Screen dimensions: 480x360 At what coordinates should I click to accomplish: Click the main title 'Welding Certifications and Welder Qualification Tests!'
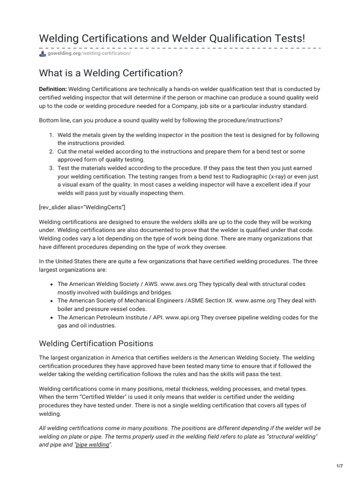pyautogui.click(x=172, y=38)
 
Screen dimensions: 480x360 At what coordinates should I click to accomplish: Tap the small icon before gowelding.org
pyautogui.click(x=43, y=53)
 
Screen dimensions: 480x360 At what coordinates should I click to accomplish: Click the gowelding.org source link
pyautogui.click(x=64, y=53)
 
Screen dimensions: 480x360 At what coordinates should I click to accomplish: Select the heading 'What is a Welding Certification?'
pyautogui.click(x=111, y=73)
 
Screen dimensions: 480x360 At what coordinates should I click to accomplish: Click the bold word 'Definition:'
pyautogui.click(x=53, y=89)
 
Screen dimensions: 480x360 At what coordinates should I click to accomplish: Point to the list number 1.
pyautogui.click(x=51, y=135)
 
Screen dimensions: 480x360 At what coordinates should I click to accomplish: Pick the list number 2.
pyautogui.click(x=51, y=151)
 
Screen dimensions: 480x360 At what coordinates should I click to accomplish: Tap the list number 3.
pyautogui.click(x=51, y=168)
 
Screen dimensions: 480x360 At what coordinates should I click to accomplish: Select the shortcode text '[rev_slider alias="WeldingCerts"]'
pyautogui.click(x=82, y=207)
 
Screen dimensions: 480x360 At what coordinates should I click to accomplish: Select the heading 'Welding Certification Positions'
pyautogui.click(x=96, y=344)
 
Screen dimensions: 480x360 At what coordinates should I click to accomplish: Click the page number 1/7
pyautogui.click(x=339, y=466)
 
